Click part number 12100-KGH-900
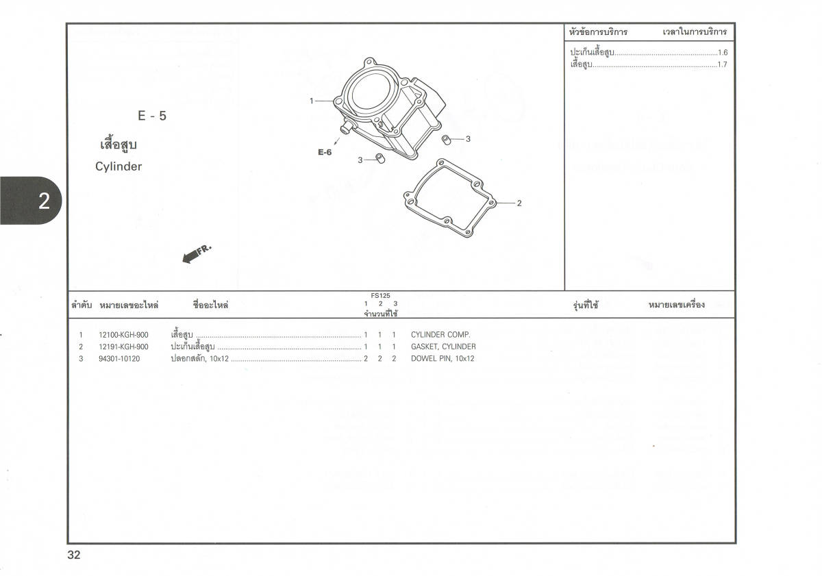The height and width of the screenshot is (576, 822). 123,335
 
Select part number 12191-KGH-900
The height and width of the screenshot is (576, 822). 123,347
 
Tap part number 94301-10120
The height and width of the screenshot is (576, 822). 119,359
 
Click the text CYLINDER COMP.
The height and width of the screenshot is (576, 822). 440,335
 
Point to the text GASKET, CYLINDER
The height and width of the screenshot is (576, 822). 443,347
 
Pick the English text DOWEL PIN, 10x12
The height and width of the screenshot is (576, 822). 443,359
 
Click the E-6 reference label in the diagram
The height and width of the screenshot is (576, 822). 325,152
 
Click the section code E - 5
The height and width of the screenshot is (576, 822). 152,116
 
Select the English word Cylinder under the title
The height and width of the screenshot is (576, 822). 119,166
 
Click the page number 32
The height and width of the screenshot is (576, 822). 74,555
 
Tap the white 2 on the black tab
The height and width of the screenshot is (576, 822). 44,201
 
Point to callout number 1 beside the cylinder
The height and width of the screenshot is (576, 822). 312,101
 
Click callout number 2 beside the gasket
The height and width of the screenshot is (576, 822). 519,203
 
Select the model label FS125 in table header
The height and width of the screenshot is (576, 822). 381,296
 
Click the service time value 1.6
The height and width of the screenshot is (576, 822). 723,53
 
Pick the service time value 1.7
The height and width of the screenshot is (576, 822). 723,64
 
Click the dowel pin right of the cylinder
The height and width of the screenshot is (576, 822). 446,140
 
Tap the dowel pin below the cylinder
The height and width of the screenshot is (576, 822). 380,158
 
